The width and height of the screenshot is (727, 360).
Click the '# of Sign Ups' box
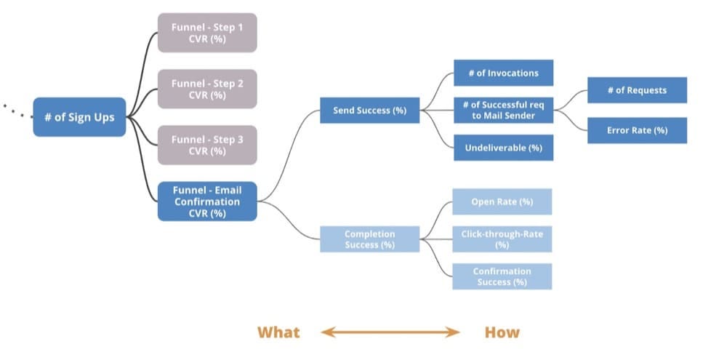[79, 117]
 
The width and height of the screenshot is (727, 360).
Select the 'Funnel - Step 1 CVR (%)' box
[207, 33]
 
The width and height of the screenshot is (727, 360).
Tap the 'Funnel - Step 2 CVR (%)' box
[207, 89]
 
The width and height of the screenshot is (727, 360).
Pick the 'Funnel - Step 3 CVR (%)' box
[207, 145]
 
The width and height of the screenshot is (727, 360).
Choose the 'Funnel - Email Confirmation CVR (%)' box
[207, 201]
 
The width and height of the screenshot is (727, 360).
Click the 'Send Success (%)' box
[369, 111]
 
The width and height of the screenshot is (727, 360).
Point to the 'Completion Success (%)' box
[369, 239]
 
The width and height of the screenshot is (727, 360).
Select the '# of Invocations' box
[503, 73]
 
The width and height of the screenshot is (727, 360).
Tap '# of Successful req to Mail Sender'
[503, 111]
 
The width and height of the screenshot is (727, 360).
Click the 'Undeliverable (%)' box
[503, 148]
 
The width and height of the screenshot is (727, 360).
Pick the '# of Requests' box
[637, 90]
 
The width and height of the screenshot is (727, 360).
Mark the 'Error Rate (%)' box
[637, 130]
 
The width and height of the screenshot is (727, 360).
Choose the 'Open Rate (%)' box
[502, 201]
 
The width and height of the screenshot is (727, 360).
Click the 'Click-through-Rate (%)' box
[502, 239]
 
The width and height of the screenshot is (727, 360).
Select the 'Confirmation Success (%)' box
[502, 276]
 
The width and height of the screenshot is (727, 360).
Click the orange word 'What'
[278, 332]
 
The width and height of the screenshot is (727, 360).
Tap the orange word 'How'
[502, 332]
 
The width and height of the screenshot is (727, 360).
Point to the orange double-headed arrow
[390, 332]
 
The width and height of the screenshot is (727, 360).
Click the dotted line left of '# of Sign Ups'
[17, 111]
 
